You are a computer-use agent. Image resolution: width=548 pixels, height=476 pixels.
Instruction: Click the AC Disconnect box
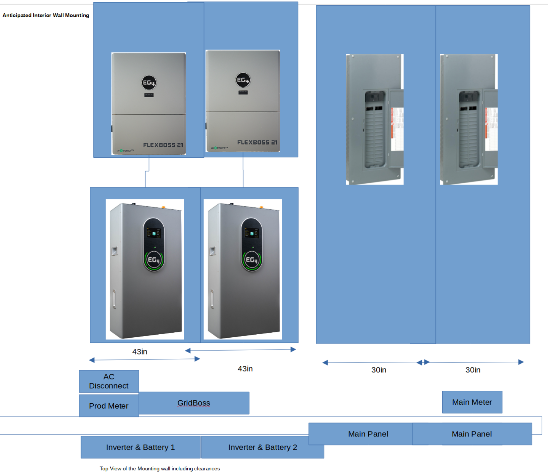tap(109, 381)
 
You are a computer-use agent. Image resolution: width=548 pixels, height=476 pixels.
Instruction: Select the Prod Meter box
tap(109, 406)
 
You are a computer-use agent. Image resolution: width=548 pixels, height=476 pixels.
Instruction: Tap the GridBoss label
tap(194, 403)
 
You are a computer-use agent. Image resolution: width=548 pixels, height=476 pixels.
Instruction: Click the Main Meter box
tap(472, 402)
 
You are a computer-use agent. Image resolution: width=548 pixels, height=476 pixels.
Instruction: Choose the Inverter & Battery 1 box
tap(140, 447)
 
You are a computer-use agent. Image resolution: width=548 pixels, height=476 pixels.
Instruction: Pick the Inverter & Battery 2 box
tap(262, 447)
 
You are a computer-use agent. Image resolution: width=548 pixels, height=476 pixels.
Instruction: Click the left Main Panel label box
tap(368, 434)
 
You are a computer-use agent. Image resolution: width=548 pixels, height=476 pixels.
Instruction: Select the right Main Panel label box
tap(472, 434)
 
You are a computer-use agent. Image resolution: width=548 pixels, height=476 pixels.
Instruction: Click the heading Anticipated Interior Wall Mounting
tap(46, 15)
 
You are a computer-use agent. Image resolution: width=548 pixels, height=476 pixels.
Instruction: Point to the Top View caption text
tap(160, 468)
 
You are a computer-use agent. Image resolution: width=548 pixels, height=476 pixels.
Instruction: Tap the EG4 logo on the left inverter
tap(149, 83)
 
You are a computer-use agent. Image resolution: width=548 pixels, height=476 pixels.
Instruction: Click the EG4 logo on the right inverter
tap(243, 80)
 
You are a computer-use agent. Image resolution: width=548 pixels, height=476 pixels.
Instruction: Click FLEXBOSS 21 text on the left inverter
tap(163, 145)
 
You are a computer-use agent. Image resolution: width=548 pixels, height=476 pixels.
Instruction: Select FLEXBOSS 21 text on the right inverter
tap(257, 142)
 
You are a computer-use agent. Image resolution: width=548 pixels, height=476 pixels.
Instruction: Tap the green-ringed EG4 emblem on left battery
tap(154, 260)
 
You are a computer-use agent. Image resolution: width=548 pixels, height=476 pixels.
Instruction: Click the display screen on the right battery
tap(252, 233)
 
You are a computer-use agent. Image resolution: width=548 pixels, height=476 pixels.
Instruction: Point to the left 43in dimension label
tap(139, 352)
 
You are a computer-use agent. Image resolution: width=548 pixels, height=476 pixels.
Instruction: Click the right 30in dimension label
tap(473, 370)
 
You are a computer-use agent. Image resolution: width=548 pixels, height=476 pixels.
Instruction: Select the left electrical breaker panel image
tap(375, 119)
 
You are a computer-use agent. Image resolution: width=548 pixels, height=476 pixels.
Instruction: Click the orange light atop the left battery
tap(163, 207)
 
